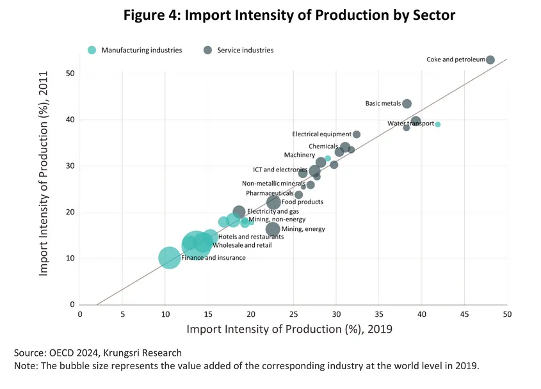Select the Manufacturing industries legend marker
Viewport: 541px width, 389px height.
point(92,50)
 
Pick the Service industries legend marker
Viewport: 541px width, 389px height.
point(207,50)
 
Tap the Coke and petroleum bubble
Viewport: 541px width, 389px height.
point(490,60)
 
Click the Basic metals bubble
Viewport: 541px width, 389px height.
point(407,104)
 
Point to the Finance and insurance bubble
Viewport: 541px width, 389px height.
point(169,258)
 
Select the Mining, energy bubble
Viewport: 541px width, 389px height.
point(273,229)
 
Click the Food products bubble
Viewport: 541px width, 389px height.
point(273,202)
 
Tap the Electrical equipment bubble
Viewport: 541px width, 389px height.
point(357,134)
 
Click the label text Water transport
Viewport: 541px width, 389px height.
point(410,123)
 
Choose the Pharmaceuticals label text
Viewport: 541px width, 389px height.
point(269,193)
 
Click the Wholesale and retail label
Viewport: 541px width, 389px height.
point(242,246)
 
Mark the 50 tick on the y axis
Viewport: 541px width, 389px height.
point(70,74)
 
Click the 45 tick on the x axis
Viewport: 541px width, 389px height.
point(464,314)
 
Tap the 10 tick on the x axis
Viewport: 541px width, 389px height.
point(165,314)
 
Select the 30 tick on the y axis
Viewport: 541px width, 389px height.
point(70,166)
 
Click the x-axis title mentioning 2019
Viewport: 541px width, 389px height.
point(289,329)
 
